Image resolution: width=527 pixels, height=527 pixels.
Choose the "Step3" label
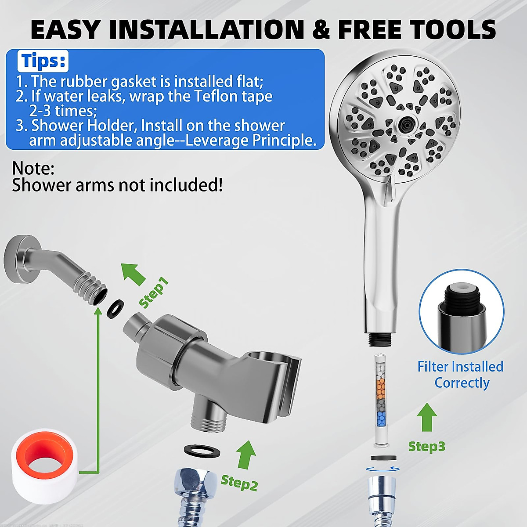[426, 447]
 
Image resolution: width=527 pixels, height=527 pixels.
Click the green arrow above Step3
[426, 417]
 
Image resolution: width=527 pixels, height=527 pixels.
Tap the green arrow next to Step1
[133, 274]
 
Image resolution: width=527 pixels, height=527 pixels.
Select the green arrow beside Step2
[246, 455]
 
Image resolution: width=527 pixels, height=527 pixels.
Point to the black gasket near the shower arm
[115, 309]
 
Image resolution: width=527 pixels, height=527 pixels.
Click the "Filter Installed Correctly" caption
[460, 375]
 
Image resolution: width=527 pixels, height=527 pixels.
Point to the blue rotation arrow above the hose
[383, 469]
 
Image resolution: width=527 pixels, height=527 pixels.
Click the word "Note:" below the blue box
[33, 169]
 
